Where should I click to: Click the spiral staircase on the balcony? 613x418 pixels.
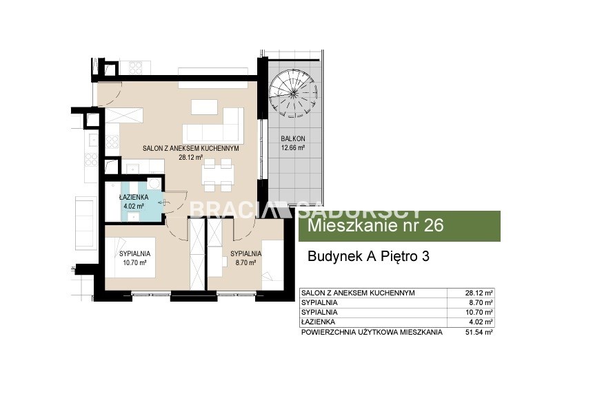pos(293,93)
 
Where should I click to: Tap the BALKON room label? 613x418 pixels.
pos(293,138)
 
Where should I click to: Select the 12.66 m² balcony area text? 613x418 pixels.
pos(293,148)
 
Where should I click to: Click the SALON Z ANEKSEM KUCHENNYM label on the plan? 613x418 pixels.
pos(191,149)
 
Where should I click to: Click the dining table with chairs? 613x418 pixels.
pos(218,175)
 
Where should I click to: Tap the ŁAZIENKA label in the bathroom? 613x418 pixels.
pos(134,198)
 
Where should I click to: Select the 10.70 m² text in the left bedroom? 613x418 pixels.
pos(134,263)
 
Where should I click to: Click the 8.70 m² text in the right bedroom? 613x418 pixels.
pos(245,263)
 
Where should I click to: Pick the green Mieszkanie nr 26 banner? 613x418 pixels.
pos(399,226)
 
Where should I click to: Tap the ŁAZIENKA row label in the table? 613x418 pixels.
pos(319,322)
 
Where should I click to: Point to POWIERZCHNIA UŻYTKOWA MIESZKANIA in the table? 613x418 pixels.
pos(372,332)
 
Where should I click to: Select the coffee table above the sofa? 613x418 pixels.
pos(205,107)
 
